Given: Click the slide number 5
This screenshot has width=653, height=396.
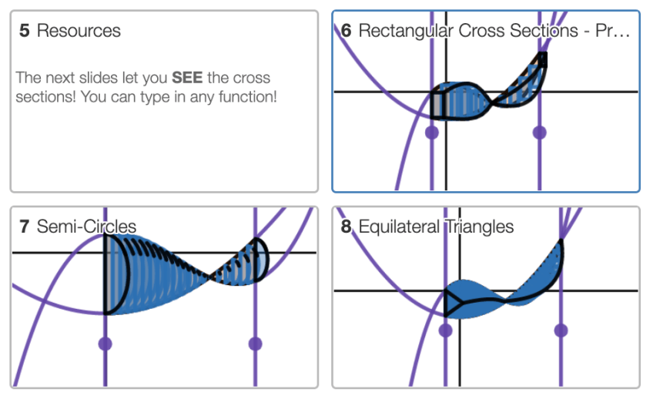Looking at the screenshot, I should [x=25, y=32].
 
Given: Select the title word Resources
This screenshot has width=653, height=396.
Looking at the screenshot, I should [x=79, y=32].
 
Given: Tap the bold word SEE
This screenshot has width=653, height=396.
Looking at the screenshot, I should [x=186, y=79].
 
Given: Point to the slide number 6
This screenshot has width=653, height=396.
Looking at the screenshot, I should [x=347, y=32].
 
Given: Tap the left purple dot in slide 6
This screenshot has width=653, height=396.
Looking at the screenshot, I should [x=431, y=133].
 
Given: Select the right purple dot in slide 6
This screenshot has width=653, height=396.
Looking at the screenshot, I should [x=539, y=133].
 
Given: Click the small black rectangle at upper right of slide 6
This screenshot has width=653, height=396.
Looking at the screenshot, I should [x=543, y=59].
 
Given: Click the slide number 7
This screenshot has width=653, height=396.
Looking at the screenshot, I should [x=25, y=227].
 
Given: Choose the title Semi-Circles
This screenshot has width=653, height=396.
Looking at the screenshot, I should [x=86, y=227].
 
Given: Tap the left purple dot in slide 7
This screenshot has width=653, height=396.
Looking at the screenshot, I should [x=105, y=343].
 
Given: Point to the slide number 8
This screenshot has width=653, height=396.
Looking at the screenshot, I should [x=347, y=227].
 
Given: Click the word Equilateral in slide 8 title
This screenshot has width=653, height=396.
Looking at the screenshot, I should [x=398, y=227].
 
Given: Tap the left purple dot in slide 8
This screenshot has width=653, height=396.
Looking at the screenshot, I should [x=445, y=330].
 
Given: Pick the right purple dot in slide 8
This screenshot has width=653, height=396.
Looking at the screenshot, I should [x=561, y=330].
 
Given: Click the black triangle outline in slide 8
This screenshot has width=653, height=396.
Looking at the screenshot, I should [x=452, y=303].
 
